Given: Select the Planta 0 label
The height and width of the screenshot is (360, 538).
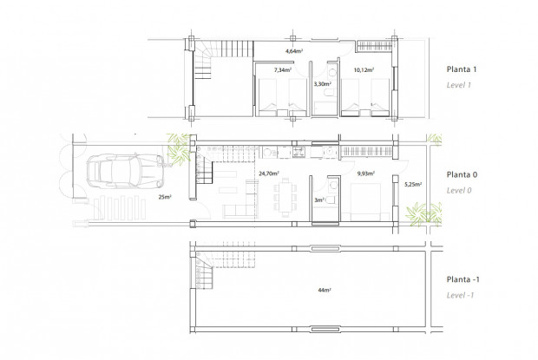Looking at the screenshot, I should (464, 173).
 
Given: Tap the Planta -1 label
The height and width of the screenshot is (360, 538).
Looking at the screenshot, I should (466, 279).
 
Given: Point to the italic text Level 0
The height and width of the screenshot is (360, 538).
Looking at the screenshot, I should (460, 189).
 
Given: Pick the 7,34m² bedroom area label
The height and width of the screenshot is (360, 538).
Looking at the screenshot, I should (281, 69).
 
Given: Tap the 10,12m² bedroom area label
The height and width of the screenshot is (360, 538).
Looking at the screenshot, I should (364, 69).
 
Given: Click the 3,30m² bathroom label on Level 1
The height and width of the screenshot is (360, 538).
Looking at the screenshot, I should (320, 85).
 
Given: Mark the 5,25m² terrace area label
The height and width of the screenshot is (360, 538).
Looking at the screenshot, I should (412, 183).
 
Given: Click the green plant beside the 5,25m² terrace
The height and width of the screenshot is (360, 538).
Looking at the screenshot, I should (424, 213).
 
